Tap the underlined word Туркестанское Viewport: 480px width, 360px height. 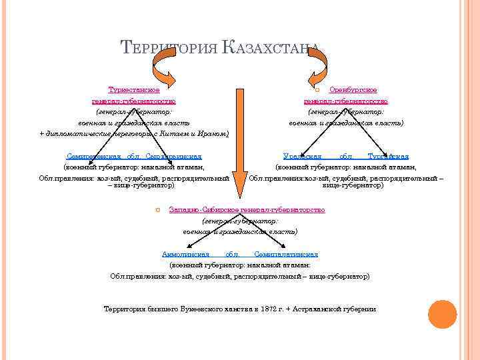point(133,89)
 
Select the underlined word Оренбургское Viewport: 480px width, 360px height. point(353,89)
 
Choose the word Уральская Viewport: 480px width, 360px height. point(303,155)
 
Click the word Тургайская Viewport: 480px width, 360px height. point(388,155)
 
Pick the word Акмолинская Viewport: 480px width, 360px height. point(186,254)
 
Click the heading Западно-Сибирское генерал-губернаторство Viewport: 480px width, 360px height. point(247,209)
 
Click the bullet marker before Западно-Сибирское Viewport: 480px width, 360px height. point(157,210)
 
